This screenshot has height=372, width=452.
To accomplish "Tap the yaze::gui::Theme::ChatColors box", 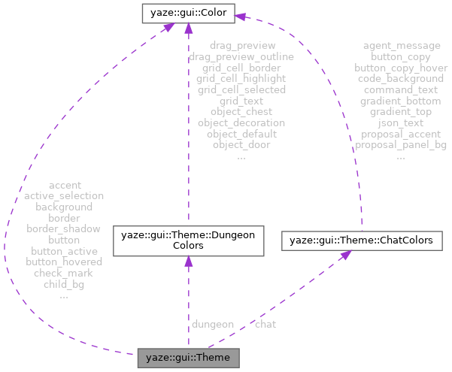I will coord(361,241).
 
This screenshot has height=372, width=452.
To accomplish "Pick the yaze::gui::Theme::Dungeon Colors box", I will coord(187,240).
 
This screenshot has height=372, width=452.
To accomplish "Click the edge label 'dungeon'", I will coord(213,324).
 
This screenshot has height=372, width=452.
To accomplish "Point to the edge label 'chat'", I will coord(265,324).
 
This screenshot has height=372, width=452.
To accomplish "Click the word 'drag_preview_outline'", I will coord(241,56).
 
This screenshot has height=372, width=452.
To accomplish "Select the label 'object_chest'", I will coord(241,111).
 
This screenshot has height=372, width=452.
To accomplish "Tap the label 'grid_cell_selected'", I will coord(241,89).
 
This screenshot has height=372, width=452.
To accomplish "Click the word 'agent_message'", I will coord(401,46).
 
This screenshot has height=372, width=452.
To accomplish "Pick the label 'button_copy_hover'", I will coord(401,68).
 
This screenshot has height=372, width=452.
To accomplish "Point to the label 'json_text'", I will coord(401,122).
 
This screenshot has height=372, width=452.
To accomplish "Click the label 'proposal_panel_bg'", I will coord(401,144).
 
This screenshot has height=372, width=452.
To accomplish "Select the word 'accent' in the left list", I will coord(64,184).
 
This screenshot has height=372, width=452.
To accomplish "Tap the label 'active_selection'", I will coord(64,195).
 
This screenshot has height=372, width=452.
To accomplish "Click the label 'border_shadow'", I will coord(64,228).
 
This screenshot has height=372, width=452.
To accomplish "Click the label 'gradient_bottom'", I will coord(401,101).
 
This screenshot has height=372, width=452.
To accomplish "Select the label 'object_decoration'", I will coord(241,122).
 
